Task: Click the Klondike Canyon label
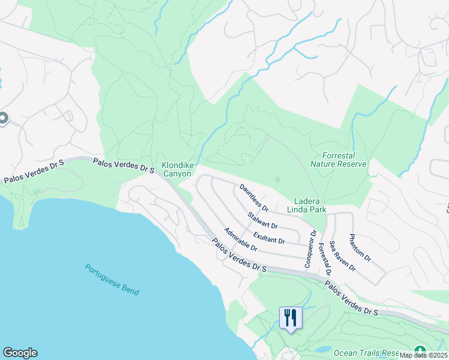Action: pyautogui.click(x=176, y=169)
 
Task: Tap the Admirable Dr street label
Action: pyautogui.click(x=240, y=239)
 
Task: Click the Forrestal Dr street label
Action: pyautogui.click(x=324, y=258)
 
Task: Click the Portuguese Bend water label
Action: pyautogui.click(x=112, y=280)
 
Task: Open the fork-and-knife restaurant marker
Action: pyautogui.click(x=291, y=317)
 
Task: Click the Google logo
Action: pyautogui.click(x=20, y=353)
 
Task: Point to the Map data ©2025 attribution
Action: pyautogui.click(x=423, y=355)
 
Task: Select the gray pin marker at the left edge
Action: pyautogui.click(x=2, y=119)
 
